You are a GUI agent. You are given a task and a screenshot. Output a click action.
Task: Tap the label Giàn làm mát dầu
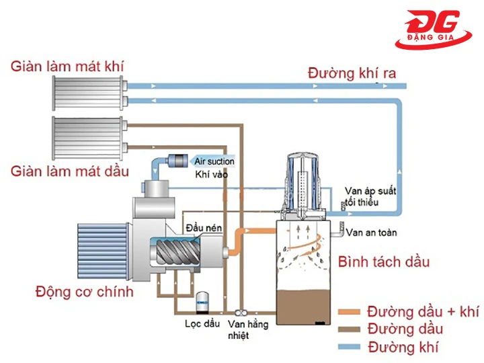point(69,171)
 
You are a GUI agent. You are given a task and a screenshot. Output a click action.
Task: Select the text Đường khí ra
point(352,72)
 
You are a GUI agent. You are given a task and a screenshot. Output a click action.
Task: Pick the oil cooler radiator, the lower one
point(89,137)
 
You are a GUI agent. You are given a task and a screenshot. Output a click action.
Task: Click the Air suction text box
point(214,161)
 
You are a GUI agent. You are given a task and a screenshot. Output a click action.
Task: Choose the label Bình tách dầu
point(384,261)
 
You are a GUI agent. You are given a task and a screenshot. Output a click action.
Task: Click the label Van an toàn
point(371,233)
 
